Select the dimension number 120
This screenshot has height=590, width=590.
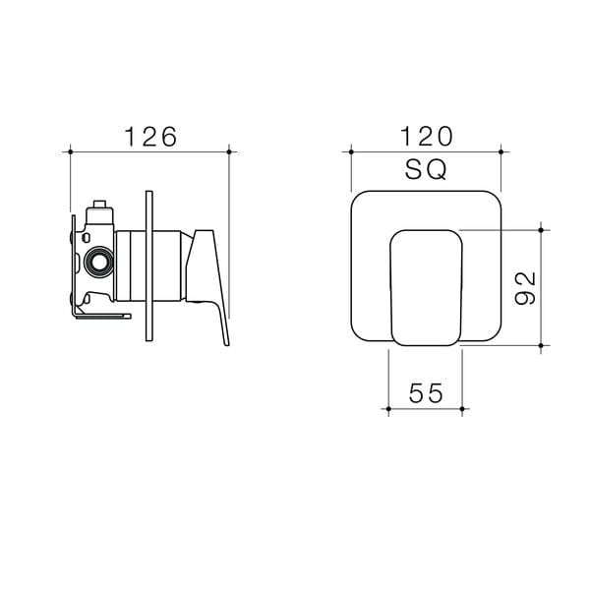pos(426,137)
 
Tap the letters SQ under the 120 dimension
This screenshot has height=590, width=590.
pos(426,170)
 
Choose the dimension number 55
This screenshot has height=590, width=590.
pos(427,393)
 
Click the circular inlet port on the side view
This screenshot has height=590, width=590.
pos(98,263)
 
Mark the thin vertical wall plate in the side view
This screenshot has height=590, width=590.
pos(147,265)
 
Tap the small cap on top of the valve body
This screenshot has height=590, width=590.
pos(98,209)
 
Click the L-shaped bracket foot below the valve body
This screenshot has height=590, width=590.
pos(103,315)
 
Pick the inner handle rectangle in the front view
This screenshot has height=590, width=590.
pos(427,286)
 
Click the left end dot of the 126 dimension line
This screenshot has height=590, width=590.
pos(71,151)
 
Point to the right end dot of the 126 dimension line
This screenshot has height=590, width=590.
pos(229,151)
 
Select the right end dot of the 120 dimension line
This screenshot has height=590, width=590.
pos(501,151)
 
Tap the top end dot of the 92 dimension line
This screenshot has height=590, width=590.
pos(542,228)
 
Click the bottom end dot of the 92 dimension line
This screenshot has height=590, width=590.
pos(542,345)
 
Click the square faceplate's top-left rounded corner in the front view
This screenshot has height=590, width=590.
pos(360,198)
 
